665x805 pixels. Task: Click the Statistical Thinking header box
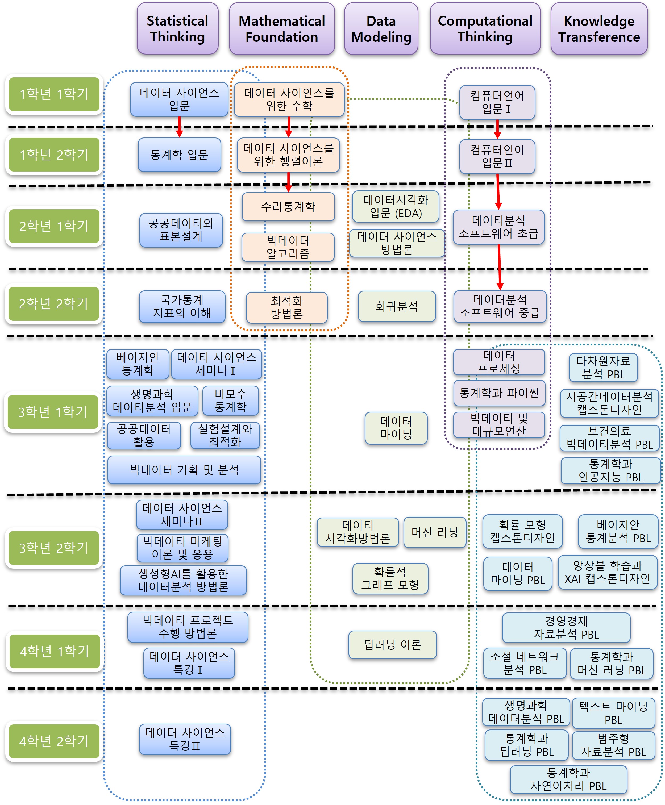[x=177, y=29]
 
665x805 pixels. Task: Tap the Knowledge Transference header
[x=599, y=29]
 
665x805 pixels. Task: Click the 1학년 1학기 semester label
[x=54, y=94]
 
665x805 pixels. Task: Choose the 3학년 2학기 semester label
[x=54, y=548]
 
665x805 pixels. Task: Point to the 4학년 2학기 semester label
[x=54, y=741]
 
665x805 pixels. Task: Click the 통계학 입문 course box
[x=179, y=155]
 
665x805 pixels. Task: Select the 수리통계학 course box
[x=288, y=207]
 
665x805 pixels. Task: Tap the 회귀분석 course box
[x=396, y=306]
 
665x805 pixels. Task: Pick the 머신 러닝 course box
[x=435, y=532]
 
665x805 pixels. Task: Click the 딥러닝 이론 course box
[x=392, y=645]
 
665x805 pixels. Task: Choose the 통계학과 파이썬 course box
[x=499, y=393]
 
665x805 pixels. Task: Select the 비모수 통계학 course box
[x=230, y=401]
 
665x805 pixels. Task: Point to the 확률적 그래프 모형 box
[x=390, y=578]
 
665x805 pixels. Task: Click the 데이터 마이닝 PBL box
[x=518, y=573]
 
